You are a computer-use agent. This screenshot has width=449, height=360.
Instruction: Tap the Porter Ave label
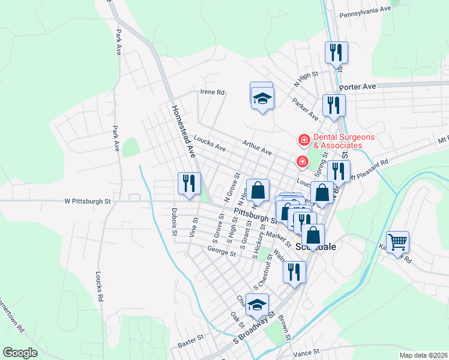point(357,87)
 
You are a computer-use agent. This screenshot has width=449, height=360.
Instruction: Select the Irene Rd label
point(212,92)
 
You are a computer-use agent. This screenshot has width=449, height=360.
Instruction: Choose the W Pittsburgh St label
point(88,202)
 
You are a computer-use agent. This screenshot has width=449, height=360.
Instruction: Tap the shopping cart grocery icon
point(397,242)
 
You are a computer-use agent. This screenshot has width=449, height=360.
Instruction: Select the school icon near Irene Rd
point(262,98)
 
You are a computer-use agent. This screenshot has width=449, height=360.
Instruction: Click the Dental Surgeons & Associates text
point(338,141)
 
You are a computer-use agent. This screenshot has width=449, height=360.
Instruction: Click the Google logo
point(20,353)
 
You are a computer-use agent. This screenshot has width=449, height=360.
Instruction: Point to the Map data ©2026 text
point(423,355)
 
